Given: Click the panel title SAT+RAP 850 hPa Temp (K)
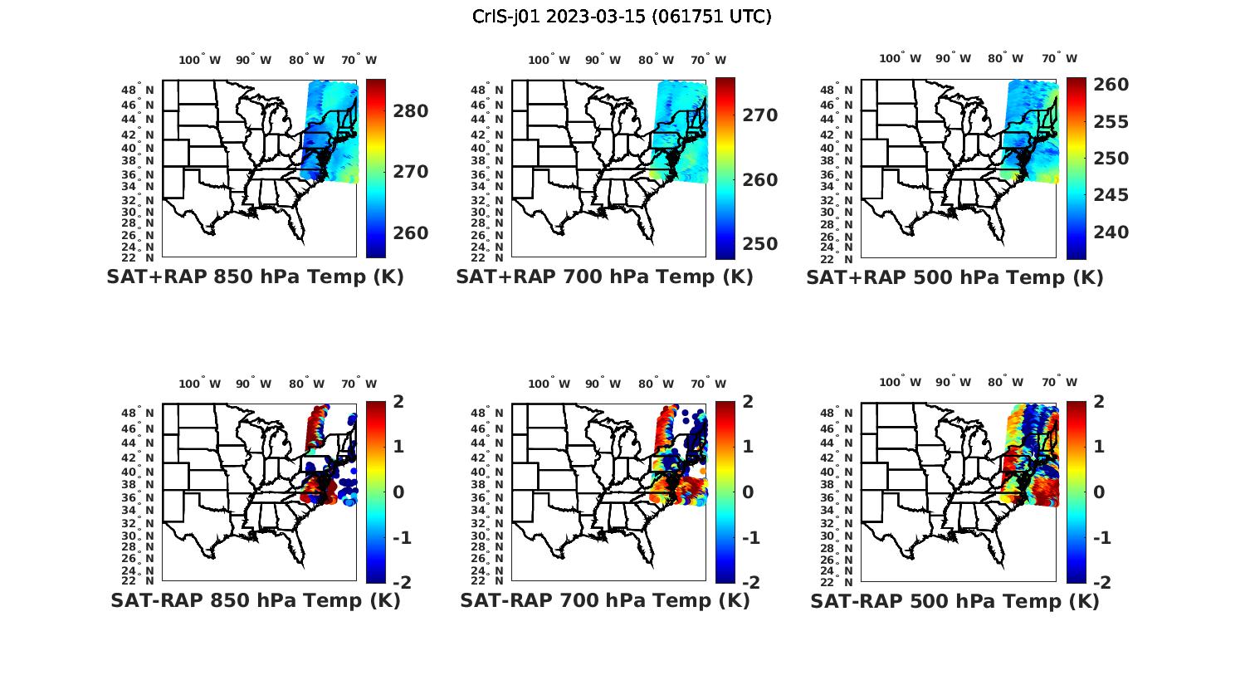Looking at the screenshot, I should [255, 277].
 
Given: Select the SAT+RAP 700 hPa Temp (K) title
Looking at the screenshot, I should [604, 277].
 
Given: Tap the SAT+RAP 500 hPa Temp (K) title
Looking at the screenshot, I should [954, 277].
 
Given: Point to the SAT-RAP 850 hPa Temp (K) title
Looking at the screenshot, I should [255, 600].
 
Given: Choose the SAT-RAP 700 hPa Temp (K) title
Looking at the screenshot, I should [604, 600].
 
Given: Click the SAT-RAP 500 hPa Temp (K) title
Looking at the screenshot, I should [954, 600].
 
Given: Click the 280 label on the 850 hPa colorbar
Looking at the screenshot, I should [411, 111].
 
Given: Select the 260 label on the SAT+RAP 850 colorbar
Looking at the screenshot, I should [411, 233].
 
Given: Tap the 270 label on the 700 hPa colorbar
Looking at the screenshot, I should [760, 115].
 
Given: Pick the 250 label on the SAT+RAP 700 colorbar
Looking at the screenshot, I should [760, 244].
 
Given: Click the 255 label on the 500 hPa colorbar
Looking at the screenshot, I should [1111, 122].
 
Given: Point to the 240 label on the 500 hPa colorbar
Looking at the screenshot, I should [1111, 232].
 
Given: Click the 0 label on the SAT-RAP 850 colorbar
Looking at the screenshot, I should [398, 492].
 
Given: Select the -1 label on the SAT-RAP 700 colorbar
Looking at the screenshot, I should [750, 538].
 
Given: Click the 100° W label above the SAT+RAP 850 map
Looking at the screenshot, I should [199, 60].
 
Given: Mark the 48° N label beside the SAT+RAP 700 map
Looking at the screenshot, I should [491, 90].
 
